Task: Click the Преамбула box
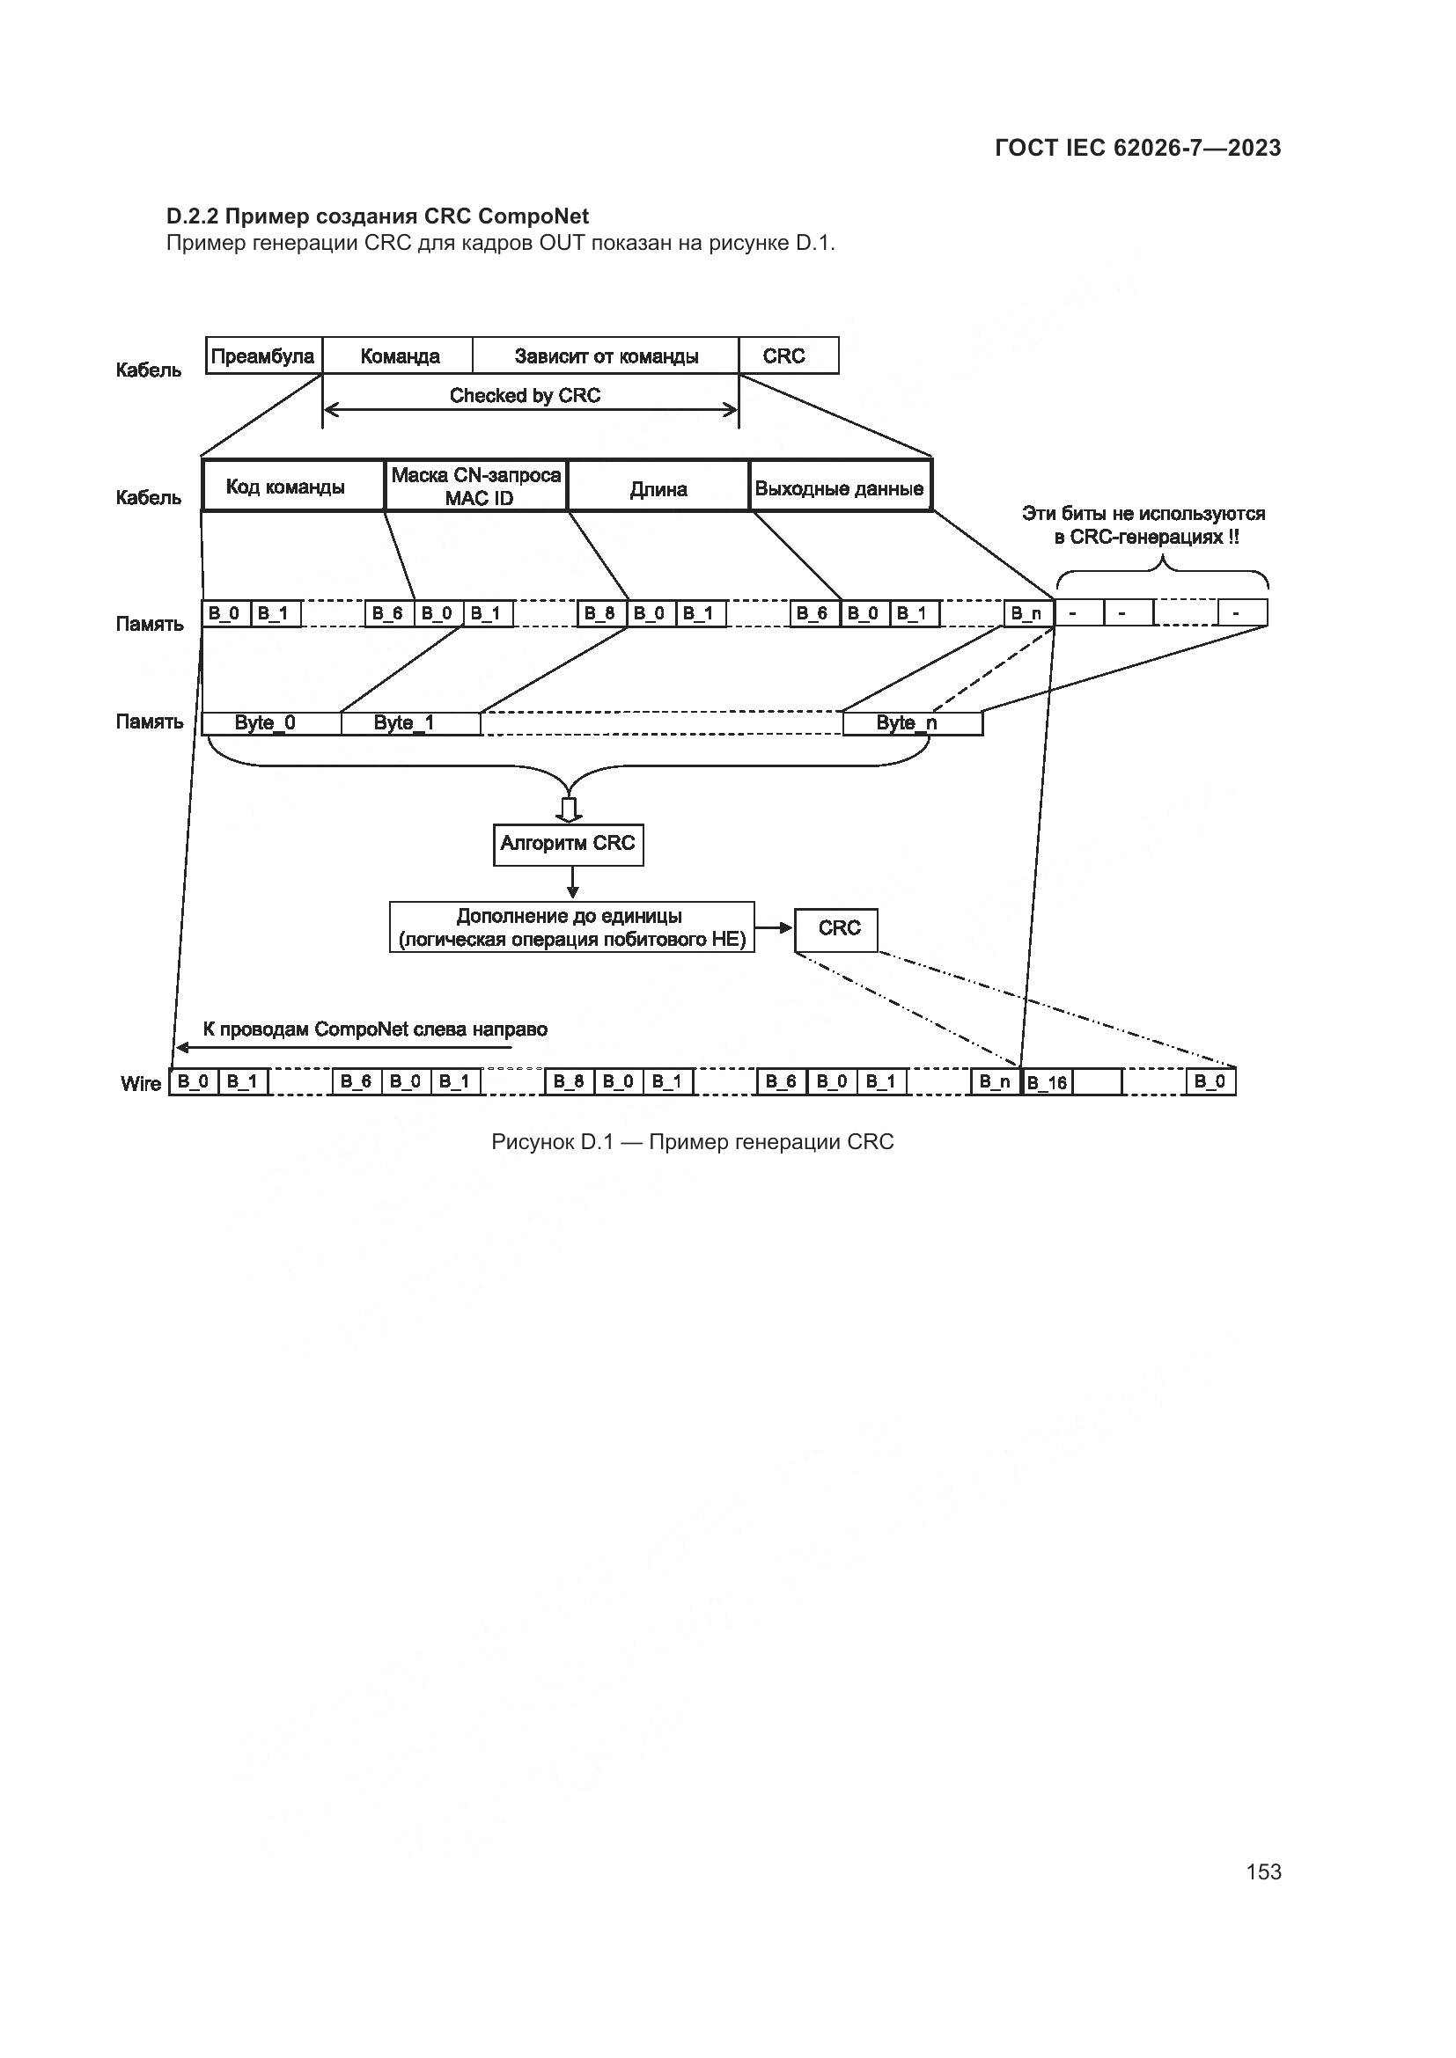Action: point(263,355)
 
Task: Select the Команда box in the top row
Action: point(399,355)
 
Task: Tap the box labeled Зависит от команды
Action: point(606,355)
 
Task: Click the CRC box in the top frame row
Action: point(785,355)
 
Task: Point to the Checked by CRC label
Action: point(526,395)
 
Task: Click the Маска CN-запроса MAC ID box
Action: point(477,487)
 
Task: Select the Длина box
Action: point(659,488)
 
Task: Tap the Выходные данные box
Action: point(840,488)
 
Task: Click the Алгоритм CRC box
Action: point(569,844)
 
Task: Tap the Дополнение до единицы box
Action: point(571,927)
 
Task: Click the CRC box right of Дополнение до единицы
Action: point(836,928)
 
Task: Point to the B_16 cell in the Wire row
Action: point(1048,1082)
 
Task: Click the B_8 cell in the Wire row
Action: point(569,1081)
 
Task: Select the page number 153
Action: point(1263,1871)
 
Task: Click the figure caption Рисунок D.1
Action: point(692,1142)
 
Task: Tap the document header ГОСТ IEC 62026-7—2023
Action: point(1137,149)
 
